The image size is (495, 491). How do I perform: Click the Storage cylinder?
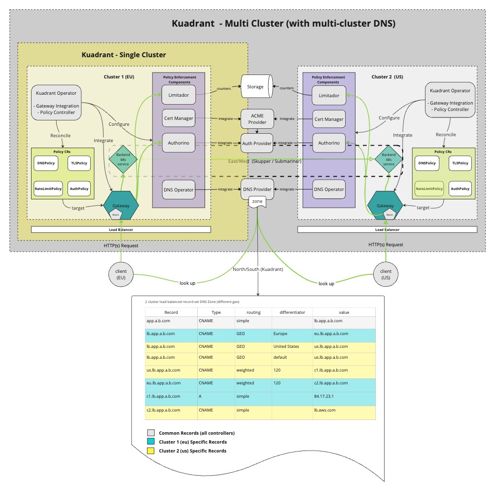(255, 87)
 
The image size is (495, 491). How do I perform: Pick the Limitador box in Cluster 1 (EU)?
(178, 95)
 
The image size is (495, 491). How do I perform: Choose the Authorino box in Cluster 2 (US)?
(329, 143)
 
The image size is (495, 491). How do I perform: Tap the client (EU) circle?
(121, 274)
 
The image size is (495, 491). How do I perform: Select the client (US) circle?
(386, 274)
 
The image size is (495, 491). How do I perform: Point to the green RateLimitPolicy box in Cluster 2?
(429, 189)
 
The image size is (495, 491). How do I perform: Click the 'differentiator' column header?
(292, 312)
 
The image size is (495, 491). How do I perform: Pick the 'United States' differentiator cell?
(286, 346)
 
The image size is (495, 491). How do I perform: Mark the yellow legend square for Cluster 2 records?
(151, 451)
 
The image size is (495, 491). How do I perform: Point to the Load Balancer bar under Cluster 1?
(121, 229)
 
